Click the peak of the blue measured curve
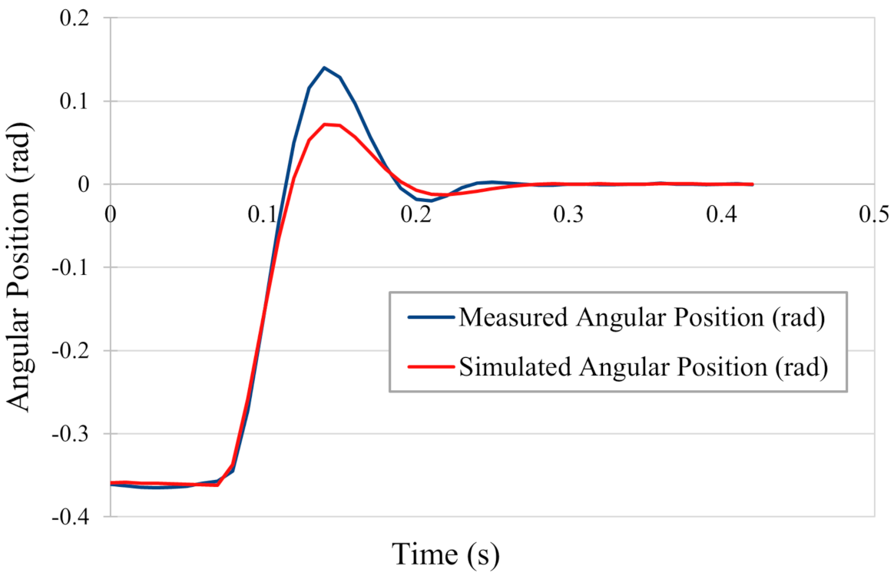pyautogui.click(x=324, y=68)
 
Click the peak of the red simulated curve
pyautogui.click(x=326, y=124)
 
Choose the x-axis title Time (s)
pyautogui.click(x=445, y=552)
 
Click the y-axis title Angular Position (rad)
pyautogui.click(x=20, y=268)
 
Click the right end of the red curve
pyautogui.click(x=752, y=184)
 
